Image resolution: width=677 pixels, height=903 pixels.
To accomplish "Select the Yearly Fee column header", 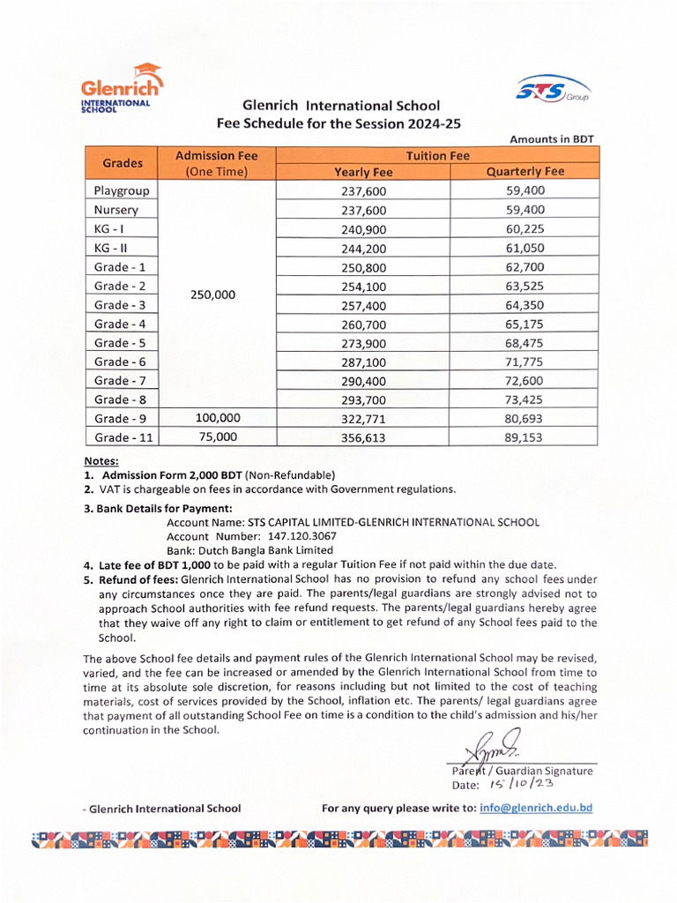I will (363, 172).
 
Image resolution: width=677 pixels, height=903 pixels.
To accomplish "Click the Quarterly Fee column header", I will (525, 172).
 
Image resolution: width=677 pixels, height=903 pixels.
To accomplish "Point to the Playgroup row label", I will (122, 190).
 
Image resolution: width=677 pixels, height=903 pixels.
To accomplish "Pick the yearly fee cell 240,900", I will (363, 229).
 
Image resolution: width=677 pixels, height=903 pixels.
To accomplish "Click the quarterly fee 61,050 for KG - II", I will (525, 248).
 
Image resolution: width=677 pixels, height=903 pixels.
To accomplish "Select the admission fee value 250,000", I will (214, 295).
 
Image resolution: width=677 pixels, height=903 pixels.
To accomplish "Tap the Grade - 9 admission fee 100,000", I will (216, 418).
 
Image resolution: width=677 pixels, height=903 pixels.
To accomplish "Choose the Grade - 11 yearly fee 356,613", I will (363, 437).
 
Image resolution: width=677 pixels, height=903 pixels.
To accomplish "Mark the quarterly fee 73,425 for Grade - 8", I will (525, 399).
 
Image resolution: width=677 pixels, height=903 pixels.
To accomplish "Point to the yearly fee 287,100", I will (363, 362).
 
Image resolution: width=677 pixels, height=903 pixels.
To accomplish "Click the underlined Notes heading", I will (100, 460).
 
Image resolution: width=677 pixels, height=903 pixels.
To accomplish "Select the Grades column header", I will (122, 163).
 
